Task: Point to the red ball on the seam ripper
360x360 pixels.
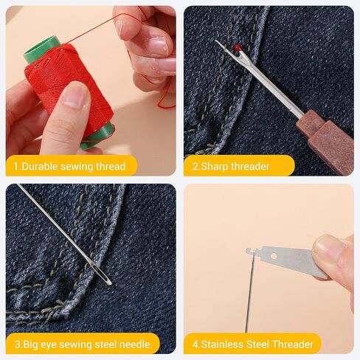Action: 237,46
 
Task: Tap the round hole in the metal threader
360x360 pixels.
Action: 273,257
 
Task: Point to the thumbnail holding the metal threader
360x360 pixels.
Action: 327,246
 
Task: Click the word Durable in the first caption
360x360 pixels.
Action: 40,167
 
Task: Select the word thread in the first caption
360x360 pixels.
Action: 111,167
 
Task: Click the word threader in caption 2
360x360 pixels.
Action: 250,167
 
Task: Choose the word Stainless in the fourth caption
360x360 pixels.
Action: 222,344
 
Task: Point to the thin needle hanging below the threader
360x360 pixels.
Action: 249,293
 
